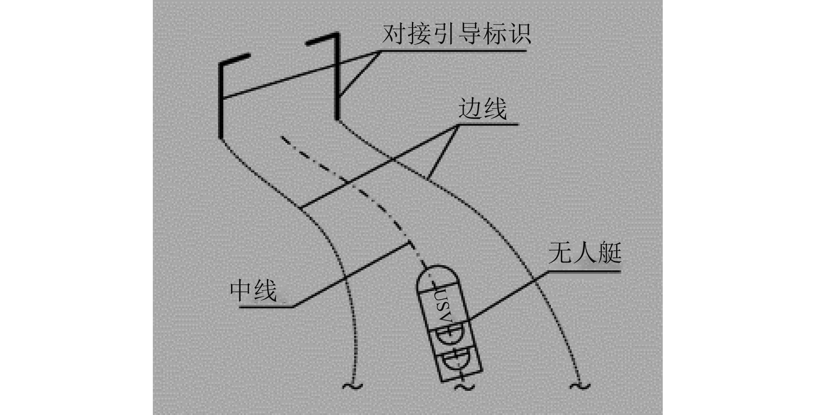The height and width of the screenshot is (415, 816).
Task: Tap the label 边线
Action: [x=482, y=108]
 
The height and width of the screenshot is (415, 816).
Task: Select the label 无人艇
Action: [x=585, y=253]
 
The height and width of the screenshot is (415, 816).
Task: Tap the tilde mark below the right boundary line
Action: [x=579, y=386]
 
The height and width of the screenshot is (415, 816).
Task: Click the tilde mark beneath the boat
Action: [x=464, y=387]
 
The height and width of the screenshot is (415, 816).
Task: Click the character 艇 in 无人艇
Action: [x=609, y=253]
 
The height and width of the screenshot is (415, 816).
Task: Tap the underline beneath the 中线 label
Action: [x=266, y=307]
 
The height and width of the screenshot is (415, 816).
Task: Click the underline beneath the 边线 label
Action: [x=488, y=124]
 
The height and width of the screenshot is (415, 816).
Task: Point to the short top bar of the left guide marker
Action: [x=235, y=59]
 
